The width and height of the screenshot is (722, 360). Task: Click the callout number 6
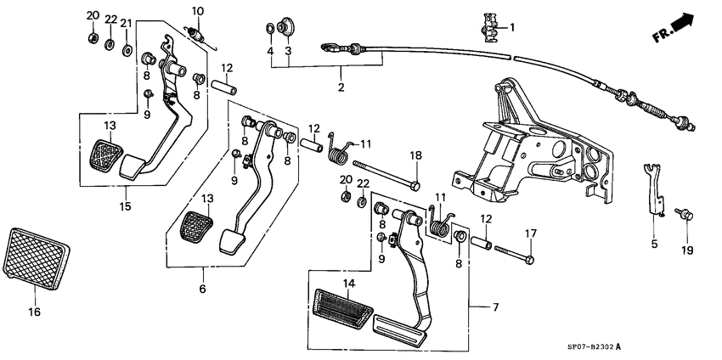(203, 290)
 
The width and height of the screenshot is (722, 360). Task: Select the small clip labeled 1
(490, 28)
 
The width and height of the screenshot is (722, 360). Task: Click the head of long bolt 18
(414, 185)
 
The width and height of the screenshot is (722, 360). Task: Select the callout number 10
(197, 11)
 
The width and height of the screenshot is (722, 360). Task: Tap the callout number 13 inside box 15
(110, 127)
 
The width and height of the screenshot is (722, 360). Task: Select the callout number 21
(127, 23)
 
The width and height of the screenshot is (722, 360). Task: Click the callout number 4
(271, 51)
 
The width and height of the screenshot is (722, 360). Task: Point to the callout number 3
(289, 51)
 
